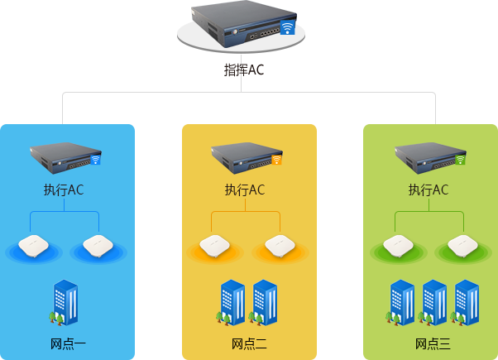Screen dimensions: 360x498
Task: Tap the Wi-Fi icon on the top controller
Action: tap(287, 27)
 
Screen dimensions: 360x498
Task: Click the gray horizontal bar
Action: tap(248, 108)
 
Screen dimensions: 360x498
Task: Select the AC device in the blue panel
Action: tap(65, 155)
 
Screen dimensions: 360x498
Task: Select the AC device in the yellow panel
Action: tap(247, 155)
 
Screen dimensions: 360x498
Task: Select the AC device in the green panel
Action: tap(429, 155)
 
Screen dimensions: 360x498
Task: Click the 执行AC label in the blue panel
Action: tap(64, 190)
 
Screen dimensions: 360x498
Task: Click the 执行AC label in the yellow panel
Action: tap(245, 190)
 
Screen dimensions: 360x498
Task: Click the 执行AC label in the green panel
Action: tap(429, 190)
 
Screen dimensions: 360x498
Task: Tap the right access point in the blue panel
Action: tap(97, 245)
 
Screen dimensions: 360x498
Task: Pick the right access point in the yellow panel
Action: tap(279, 245)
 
